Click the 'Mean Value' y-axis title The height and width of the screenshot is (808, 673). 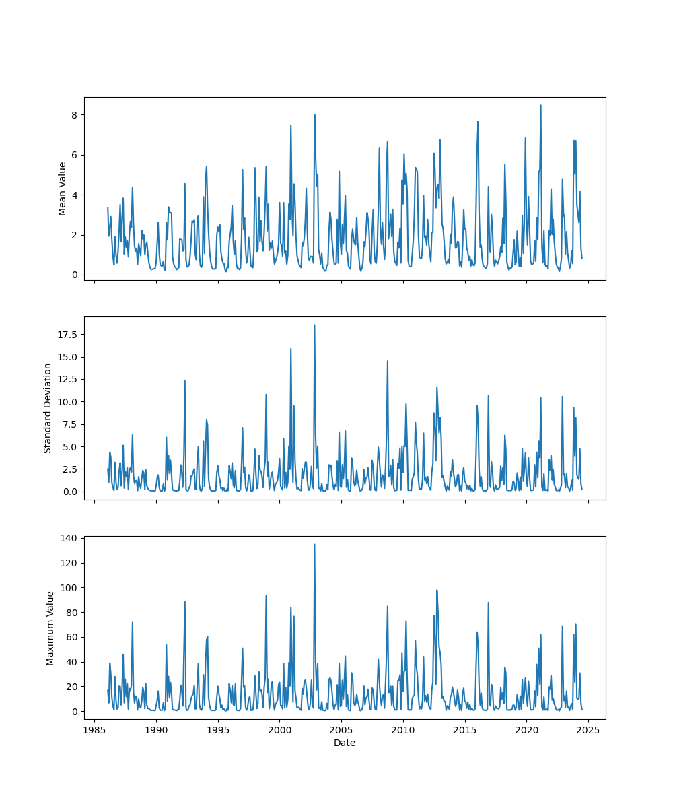coord(63,189)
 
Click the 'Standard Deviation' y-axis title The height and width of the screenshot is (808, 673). coord(48,408)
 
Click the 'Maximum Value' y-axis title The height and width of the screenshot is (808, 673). coord(50,628)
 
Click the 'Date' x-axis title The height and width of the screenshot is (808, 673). coord(345,743)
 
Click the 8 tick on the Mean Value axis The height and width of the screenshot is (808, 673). coord(75,115)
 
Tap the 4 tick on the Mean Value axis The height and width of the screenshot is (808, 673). coord(75,195)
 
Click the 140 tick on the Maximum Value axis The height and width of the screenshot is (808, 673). coord(71,538)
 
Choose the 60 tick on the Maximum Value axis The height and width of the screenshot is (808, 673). coord(73,637)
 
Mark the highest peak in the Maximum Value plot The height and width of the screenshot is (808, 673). coord(314,545)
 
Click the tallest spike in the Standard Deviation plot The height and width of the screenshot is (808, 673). coord(314,325)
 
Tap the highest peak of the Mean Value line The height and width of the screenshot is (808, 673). coord(540,106)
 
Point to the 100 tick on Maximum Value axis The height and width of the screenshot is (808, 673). coord(71,588)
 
